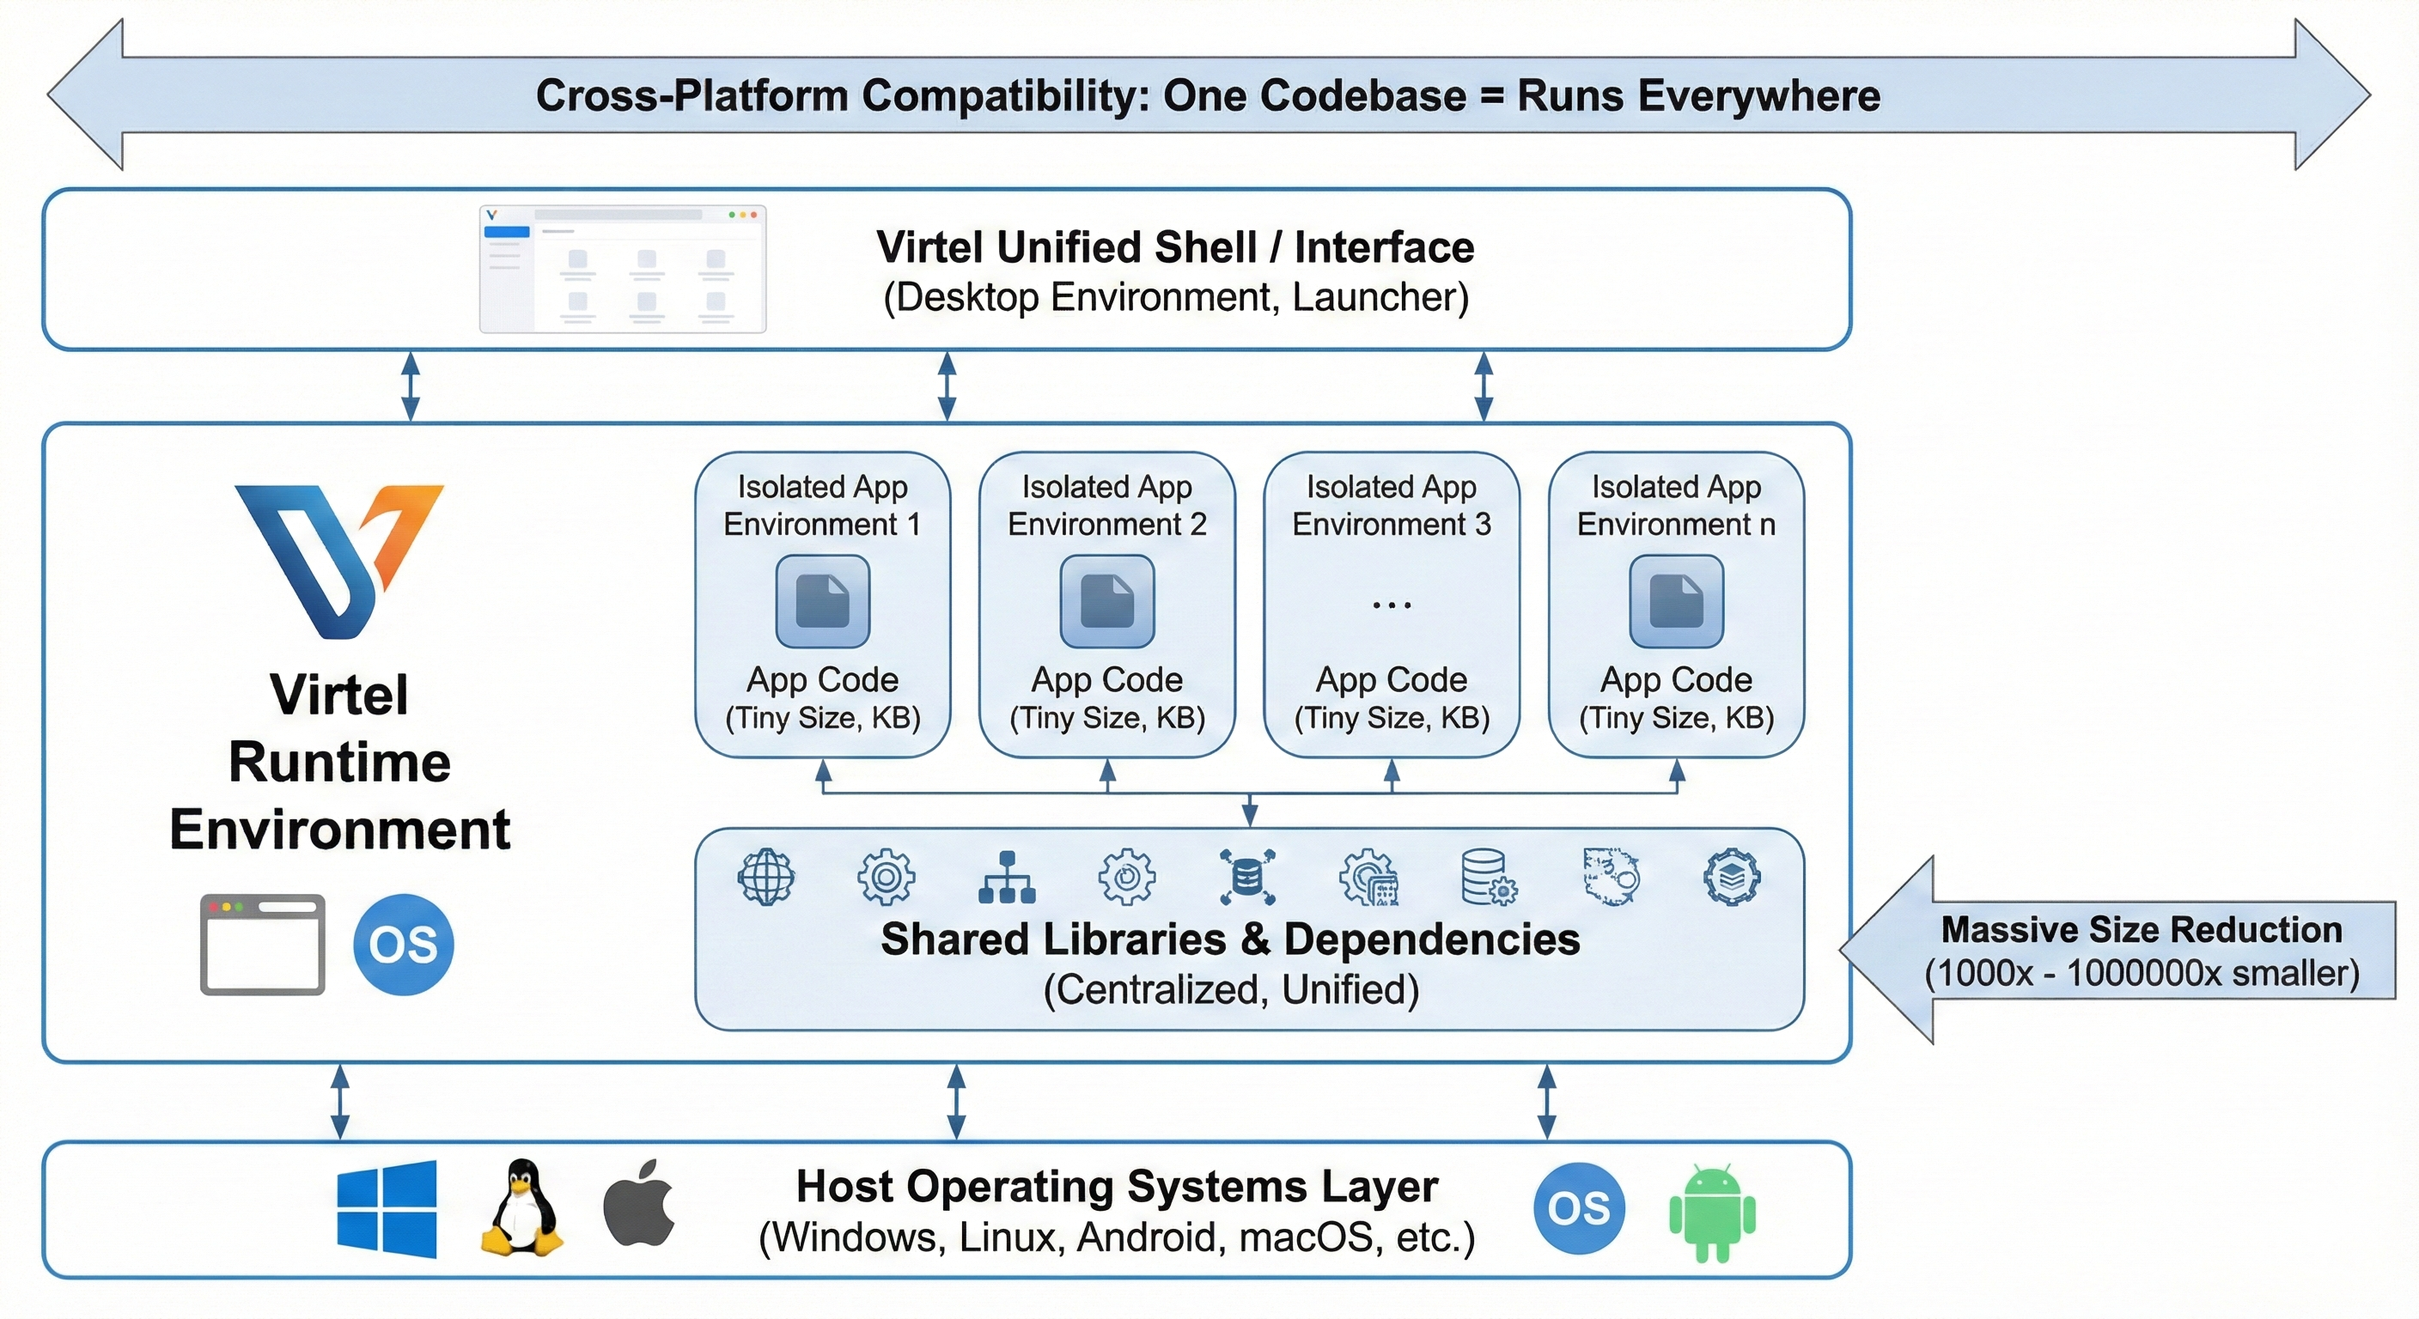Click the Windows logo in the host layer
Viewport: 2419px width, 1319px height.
pyautogui.click(x=387, y=1208)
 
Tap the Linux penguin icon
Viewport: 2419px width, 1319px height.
pyautogui.click(x=521, y=1208)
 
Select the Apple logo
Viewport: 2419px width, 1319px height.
pyautogui.click(x=639, y=1206)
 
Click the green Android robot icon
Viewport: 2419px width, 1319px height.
pyautogui.click(x=1712, y=1211)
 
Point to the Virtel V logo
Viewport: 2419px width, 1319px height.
pyautogui.click(x=338, y=560)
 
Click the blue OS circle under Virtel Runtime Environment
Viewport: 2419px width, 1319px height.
pyautogui.click(x=403, y=945)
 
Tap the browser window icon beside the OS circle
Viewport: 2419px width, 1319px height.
pyautogui.click(x=263, y=945)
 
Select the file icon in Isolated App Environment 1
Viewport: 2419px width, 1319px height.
pyautogui.click(x=823, y=602)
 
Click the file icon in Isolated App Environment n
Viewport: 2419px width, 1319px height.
pyautogui.click(x=1676, y=602)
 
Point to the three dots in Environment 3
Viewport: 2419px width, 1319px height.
pyautogui.click(x=1392, y=605)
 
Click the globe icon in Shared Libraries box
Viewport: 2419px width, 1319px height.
pyautogui.click(x=765, y=877)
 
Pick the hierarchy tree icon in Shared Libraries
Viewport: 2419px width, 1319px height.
pyautogui.click(x=1007, y=877)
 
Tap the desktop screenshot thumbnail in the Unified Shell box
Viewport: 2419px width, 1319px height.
pyautogui.click(x=623, y=270)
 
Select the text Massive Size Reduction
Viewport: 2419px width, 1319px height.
pyautogui.click(x=2141, y=929)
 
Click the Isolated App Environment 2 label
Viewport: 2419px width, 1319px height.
pyautogui.click(x=1107, y=505)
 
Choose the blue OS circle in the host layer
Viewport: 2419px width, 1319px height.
pyautogui.click(x=1579, y=1208)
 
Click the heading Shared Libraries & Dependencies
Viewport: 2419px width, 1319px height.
pyautogui.click(x=1230, y=939)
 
